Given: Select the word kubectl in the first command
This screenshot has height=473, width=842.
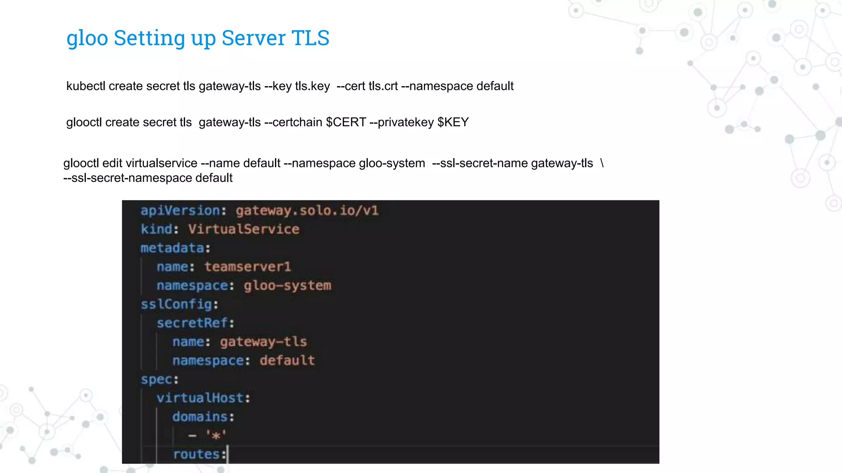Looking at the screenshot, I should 86,86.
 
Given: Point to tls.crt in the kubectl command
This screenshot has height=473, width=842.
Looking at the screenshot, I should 383,86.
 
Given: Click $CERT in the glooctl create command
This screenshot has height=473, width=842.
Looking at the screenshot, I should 346,122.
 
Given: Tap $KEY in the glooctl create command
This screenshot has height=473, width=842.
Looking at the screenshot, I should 453,122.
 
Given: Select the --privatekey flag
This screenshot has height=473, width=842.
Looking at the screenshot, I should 402,122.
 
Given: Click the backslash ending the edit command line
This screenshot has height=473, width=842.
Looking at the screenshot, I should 602,163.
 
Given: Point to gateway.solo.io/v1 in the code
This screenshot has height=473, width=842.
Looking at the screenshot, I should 307,211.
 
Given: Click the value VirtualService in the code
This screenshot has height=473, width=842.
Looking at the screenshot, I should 244,229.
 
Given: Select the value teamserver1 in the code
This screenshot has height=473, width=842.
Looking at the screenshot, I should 248,267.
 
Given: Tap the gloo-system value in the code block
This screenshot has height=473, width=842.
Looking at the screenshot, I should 287,285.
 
